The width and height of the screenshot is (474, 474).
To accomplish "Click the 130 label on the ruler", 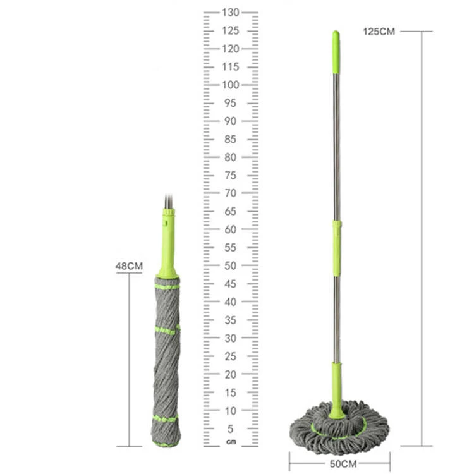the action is (x=231, y=13).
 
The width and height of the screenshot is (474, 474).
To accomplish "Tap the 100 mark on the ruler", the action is (x=231, y=85).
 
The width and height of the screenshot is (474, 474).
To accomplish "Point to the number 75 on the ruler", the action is (x=230, y=175).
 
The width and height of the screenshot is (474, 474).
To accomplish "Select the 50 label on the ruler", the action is (x=230, y=265).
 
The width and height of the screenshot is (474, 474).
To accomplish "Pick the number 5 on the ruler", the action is (x=230, y=428).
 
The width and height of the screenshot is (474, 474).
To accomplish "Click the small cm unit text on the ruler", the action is (x=231, y=442).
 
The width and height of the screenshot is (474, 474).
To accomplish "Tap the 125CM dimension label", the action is (x=379, y=32).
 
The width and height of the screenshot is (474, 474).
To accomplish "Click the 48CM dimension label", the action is (x=129, y=266).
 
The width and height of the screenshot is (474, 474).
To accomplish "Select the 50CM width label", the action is (x=343, y=463).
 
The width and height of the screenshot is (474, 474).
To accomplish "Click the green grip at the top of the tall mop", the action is (x=336, y=52).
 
